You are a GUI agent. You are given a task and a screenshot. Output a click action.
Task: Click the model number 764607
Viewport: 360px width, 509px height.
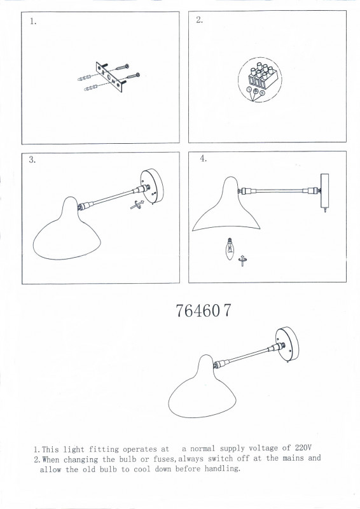click(204, 310)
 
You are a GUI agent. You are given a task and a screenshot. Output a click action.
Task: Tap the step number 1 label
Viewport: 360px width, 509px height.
click(33, 22)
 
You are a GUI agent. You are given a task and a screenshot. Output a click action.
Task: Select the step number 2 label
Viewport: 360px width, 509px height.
click(199, 20)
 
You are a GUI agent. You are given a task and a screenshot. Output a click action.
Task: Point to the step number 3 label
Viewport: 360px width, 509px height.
click(32, 160)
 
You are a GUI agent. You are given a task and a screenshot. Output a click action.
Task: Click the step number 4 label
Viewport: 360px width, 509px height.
click(203, 158)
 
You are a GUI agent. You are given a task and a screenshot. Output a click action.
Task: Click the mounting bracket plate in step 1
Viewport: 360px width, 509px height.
click(109, 77)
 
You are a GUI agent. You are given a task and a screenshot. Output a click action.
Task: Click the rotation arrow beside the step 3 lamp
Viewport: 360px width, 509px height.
click(137, 205)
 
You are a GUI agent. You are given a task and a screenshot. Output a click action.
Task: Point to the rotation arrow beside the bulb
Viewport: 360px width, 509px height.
click(242, 260)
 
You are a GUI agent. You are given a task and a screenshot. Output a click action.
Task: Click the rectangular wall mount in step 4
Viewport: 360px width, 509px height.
click(324, 191)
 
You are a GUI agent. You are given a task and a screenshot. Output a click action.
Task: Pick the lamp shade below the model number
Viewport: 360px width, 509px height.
click(202, 389)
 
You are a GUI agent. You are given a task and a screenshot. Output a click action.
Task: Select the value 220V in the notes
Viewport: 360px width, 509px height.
click(303, 448)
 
